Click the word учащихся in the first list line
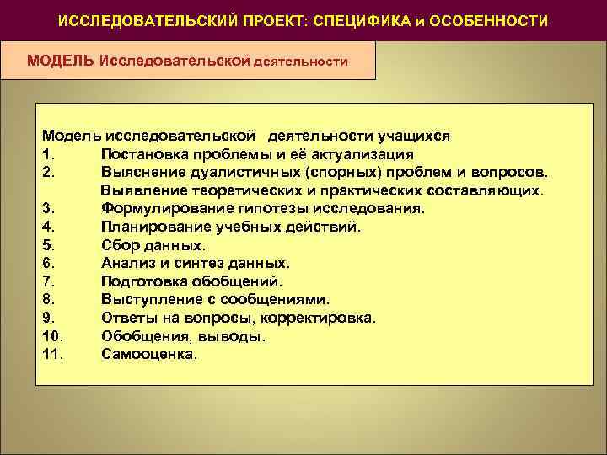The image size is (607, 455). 421,136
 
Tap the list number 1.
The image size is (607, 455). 46,154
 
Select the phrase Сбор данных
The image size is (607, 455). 153,245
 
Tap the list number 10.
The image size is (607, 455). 50,335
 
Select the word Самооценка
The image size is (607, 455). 148,354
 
